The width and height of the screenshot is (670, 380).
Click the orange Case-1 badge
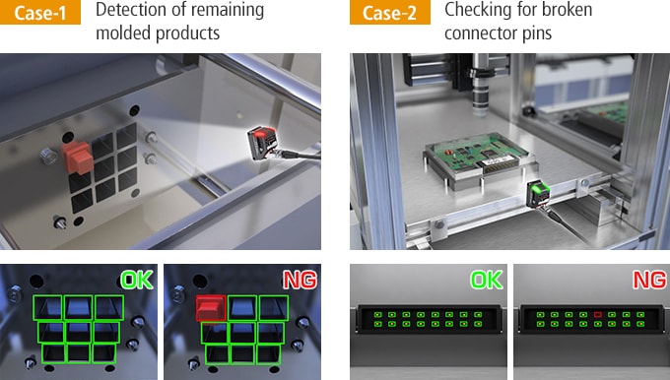tap(40, 12)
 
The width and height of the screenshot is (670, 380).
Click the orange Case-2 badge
tap(390, 12)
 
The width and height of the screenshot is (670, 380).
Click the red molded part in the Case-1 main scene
tap(78, 158)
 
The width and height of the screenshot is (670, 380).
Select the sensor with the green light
tap(538, 193)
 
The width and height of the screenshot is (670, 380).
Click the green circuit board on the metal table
tap(478, 156)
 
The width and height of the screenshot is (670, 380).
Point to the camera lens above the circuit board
tap(481, 91)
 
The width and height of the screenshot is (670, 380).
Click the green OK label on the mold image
tap(137, 281)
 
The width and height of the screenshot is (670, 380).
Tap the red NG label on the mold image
tap(300, 281)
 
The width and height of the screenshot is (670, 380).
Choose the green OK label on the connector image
tap(487, 281)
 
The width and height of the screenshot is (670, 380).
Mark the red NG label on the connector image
tap(649, 281)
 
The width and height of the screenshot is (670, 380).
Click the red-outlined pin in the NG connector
tap(597, 315)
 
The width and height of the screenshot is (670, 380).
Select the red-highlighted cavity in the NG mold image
tap(211, 308)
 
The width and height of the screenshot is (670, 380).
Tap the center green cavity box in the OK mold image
tap(78, 332)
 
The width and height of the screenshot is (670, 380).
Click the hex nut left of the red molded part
tap(48, 157)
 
